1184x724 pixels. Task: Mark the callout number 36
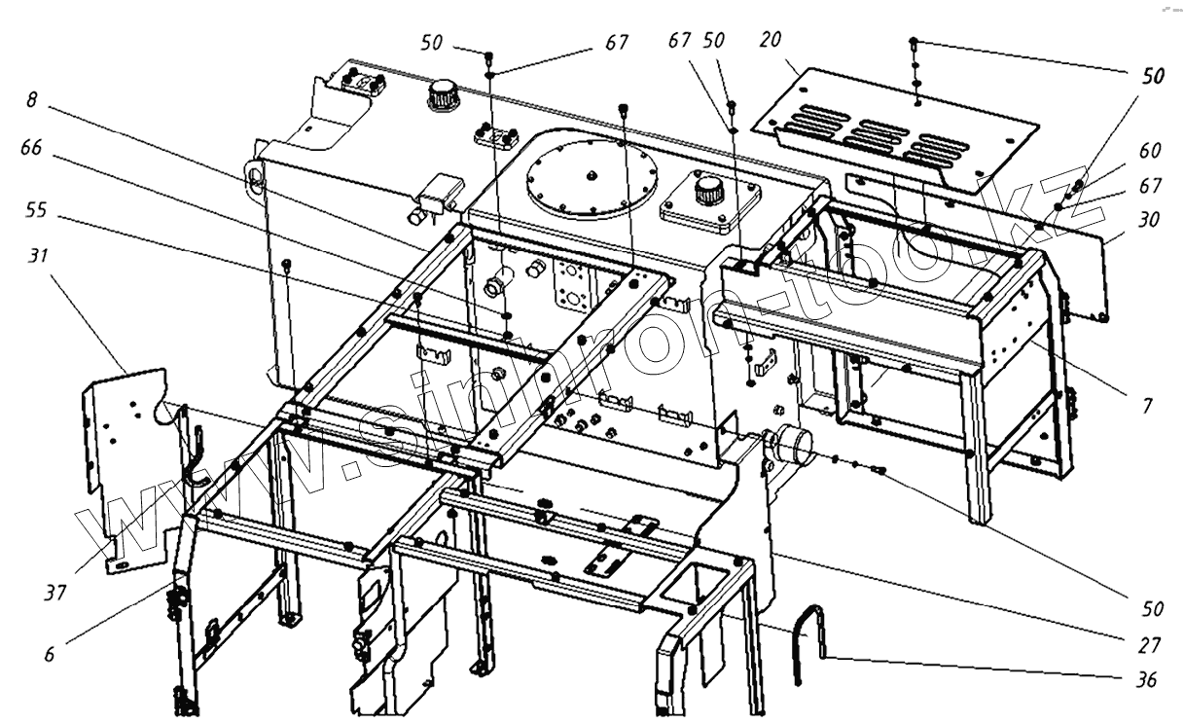coord(1149,680)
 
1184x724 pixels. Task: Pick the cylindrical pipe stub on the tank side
coord(790,446)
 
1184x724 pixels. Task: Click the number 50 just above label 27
coord(1152,608)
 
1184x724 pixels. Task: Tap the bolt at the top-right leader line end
coord(915,43)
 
